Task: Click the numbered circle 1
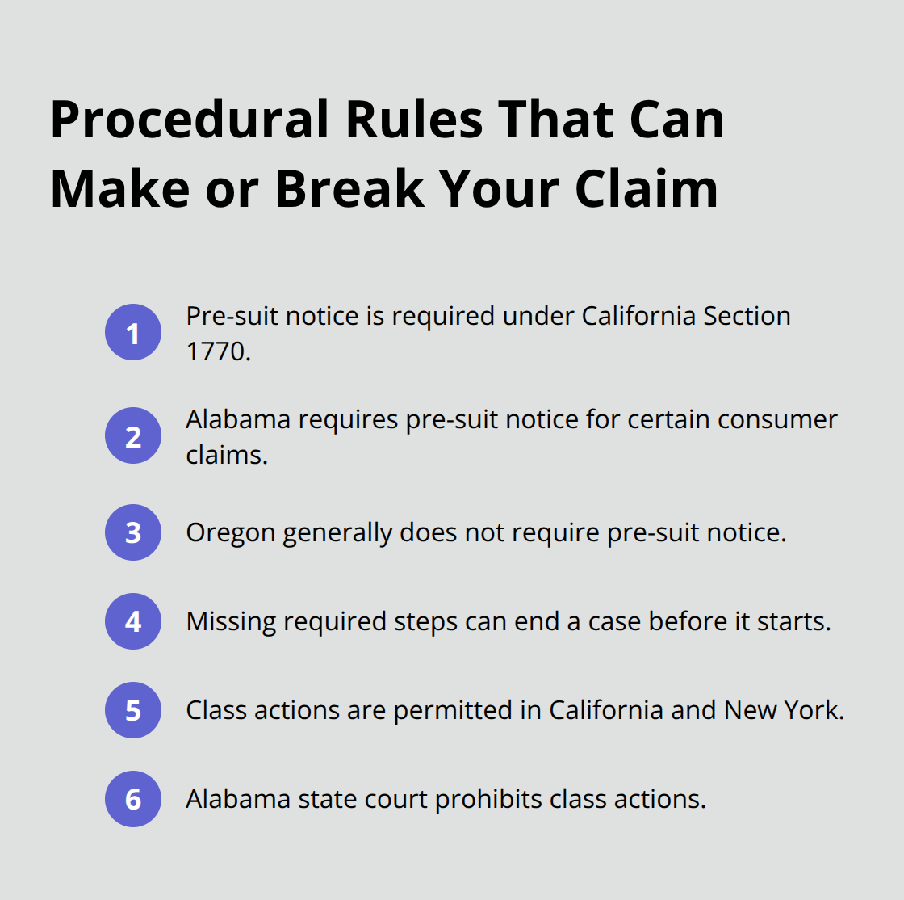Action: point(133,333)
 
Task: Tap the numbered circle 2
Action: point(133,436)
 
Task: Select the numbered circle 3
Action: point(133,532)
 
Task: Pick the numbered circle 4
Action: point(133,621)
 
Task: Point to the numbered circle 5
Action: point(133,710)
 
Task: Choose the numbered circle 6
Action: point(133,799)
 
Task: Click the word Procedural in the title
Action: point(190,120)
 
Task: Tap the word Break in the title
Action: point(349,189)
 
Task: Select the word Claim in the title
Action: point(647,189)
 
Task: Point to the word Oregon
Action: point(231,533)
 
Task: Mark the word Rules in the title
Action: point(413,120)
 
